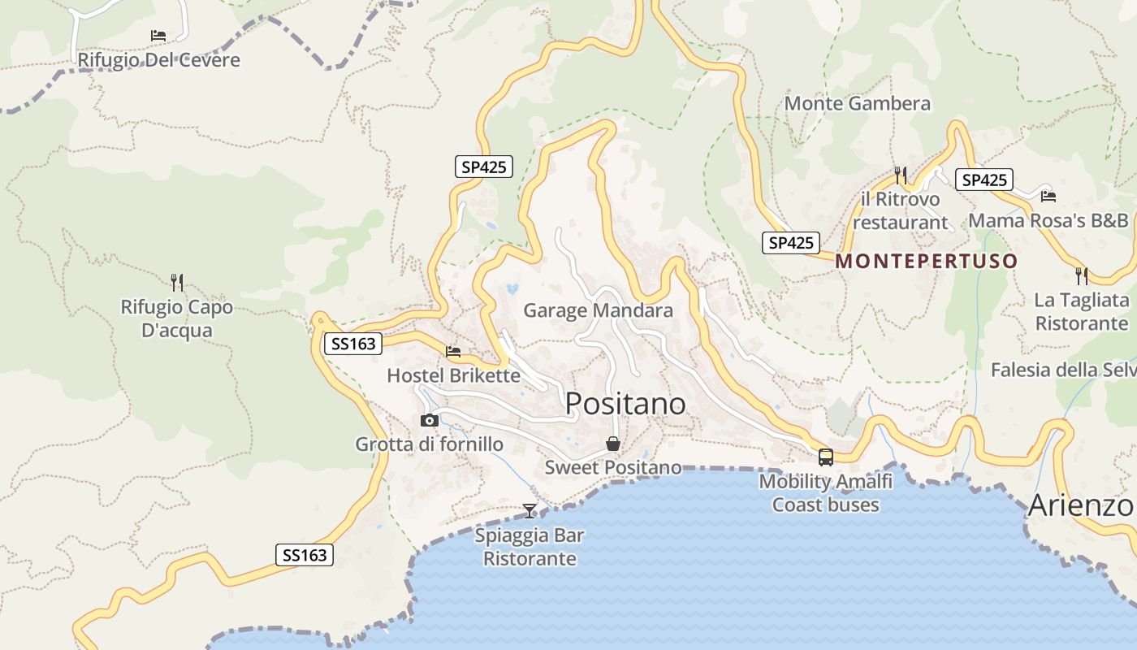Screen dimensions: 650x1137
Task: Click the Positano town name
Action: [625, 404]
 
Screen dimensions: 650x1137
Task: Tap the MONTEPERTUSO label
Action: [926, 261]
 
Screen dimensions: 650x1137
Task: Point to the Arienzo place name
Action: [1080, 505]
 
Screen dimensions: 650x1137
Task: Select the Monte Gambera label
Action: [857, 103]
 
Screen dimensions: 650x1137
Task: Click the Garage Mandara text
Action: [598, 310]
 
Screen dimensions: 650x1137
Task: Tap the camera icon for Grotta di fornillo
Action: [430, 420]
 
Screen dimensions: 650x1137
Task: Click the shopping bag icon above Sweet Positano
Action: [613, 444]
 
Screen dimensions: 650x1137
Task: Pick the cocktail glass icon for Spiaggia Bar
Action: [530, 510]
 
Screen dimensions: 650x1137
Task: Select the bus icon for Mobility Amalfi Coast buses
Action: [825, 457]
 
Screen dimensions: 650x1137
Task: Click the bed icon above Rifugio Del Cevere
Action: [158, 36]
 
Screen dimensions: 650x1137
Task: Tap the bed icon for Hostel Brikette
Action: [453, 352]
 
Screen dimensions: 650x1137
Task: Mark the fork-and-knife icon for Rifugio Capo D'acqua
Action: [177, 282]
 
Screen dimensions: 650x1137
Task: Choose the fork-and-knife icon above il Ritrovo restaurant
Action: [900, 175]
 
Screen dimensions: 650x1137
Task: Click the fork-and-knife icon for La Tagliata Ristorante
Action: [1081, 275]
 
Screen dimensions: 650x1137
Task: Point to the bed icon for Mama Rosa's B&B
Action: [1048, 196]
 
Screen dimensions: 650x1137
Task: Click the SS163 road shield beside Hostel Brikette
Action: [354, 344]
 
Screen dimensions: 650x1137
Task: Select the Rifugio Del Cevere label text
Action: [158, 60]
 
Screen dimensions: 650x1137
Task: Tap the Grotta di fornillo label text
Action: [429, 444]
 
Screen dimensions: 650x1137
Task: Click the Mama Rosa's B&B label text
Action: [1048, 220]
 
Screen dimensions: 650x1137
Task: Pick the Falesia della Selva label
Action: [1063, 370]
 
